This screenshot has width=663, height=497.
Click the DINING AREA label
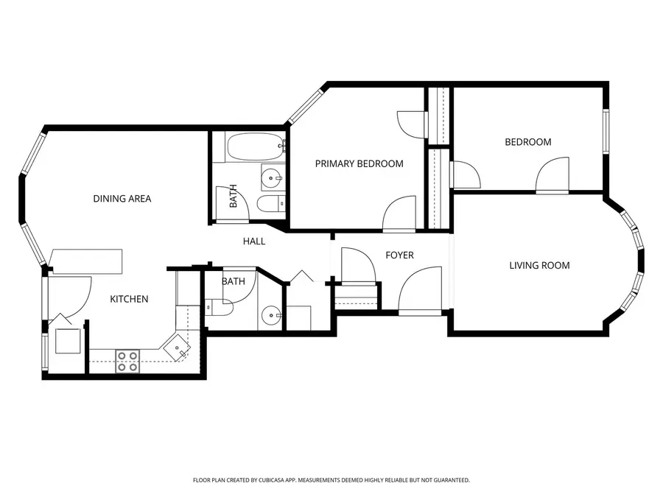122,199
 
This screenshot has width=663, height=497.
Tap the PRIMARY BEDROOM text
359,163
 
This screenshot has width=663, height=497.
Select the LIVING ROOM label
539,265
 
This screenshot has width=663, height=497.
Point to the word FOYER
400,255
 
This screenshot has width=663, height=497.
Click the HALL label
254,242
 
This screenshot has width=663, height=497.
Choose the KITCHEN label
130,299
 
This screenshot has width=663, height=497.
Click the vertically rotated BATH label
233,196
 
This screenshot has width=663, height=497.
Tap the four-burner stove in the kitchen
127,359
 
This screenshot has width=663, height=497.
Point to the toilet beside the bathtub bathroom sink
268,203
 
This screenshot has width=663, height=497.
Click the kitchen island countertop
85,260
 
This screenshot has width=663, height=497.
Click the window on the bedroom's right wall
606,133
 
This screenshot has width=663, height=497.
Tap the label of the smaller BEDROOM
527,142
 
